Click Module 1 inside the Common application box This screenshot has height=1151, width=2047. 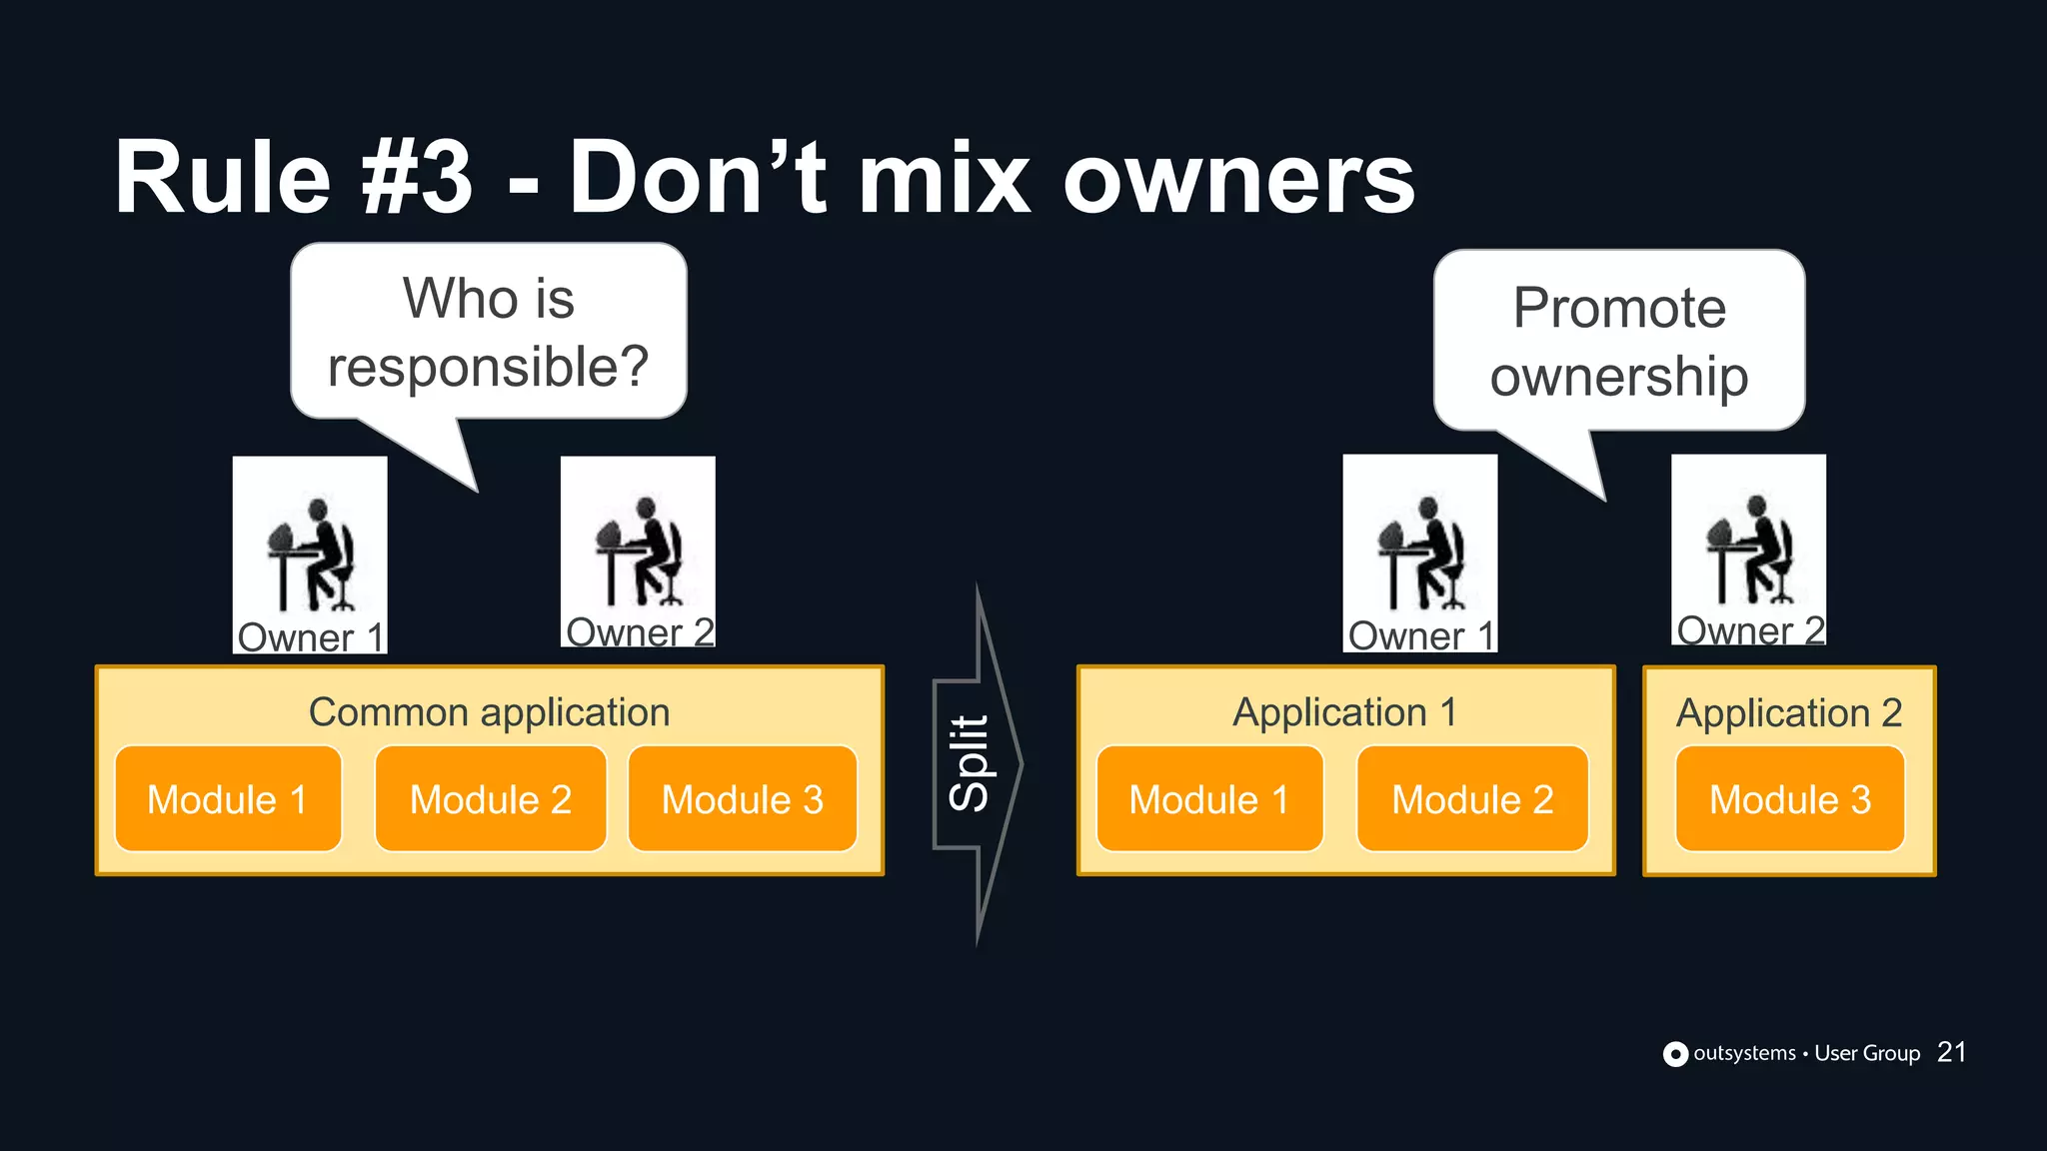click(228, 799)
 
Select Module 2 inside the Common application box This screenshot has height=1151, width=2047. click(491, 799)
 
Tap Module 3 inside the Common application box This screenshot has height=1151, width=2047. click(743, 799)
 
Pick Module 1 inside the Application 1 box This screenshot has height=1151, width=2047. click(1209, 799)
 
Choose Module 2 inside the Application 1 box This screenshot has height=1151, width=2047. click(1472, 799)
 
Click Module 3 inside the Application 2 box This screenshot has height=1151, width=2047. click(1790, 799)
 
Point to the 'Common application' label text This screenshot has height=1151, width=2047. click(489, 712)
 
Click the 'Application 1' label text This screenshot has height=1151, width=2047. click(1344, 712)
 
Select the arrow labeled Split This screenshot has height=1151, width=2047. click(976, 764)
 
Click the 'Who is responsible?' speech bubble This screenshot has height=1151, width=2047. click(489, 333)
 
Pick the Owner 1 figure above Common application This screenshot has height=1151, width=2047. click(310, 555)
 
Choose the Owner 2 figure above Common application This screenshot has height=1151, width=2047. click(638, 551)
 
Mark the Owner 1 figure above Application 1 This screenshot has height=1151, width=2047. click(1419, 553)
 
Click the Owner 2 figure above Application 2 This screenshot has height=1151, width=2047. click(1748, 550)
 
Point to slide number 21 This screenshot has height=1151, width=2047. click(1951, 1052)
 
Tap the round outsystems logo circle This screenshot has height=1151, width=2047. click(1675, 1054)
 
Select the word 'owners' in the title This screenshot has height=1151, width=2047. click(1238, 178)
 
